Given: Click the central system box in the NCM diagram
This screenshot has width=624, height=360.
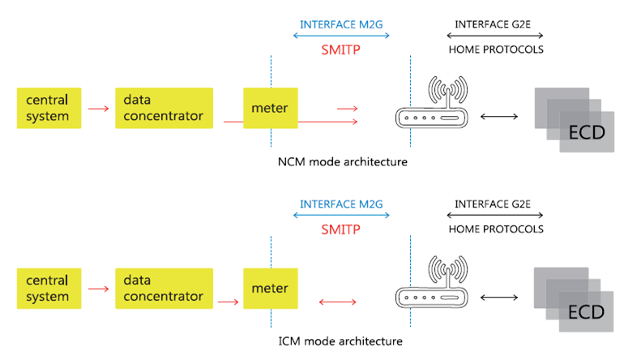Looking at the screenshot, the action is pyautogui.click(x=49, y=108).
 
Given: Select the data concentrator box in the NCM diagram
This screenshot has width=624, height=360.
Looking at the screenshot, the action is pyautogui.click(x=164, y=108).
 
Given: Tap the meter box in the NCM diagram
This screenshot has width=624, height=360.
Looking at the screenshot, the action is pyautogui.click(x=271, y=108).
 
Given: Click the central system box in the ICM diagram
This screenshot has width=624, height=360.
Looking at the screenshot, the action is pyautogui.click(x=49, y=289).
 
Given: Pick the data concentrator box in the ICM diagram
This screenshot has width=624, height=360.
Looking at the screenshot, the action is pyautogui.click(x=164, y=289).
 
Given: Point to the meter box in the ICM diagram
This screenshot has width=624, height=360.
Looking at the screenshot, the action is pyautogui.click(x=271, y=289).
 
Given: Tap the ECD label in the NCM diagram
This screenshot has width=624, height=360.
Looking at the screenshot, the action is pyautogui.click(x=587, y=133).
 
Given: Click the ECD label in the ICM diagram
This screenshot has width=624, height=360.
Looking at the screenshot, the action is pyautogui.click(x=586, y=312).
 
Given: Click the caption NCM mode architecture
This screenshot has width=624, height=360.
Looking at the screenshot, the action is pyautogui.click(x=343, y=162).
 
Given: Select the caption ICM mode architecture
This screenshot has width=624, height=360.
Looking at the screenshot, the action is pyautogui.click(x=340, y=341).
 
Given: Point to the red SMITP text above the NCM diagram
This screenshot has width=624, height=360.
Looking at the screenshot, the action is pyautogui.click(x=340, y=49).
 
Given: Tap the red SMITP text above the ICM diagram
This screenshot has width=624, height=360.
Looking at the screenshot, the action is pyautogui.click(x=340, y=229).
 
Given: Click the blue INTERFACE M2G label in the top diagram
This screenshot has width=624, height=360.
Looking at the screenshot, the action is pyautogui.click(x=341, y=24).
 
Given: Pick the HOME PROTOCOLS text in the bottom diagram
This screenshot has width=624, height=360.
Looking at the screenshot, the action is pyautogui.click(x=496, y=229).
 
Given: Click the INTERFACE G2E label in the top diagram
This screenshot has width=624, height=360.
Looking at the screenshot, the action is pyautogui.click(x=493, y=24).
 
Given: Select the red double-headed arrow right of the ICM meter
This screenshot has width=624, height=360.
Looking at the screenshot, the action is pyautogui.click(x=337, y=302).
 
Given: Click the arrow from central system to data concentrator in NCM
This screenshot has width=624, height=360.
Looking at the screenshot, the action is pyautogui.click(x=98, y=109).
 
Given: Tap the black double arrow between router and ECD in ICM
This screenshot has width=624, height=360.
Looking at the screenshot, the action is pyautogui.click(x=499, y=298).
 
